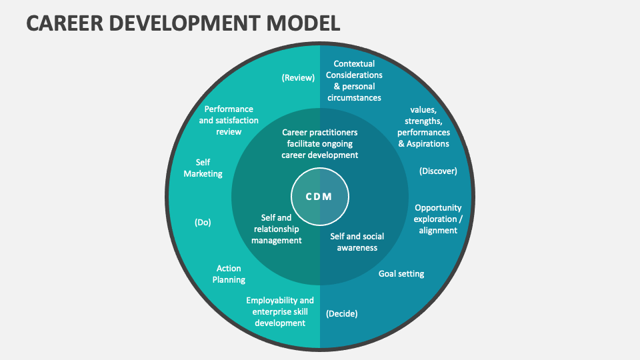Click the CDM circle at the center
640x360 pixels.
(x=319, y=197)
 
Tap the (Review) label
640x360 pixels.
(x=297, y=77)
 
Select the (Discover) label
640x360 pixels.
(x=438, y=171)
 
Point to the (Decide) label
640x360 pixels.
(x=341, y=313)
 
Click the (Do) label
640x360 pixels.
(x=203, y=223)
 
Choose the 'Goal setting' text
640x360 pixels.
(x=401, y=273)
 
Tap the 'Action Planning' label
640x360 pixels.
(x=229, y=274)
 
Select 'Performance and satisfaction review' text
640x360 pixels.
(x=229, y=120)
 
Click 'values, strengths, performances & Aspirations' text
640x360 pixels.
(x=423, y=126)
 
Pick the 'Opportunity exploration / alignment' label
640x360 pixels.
(x=438, y=219)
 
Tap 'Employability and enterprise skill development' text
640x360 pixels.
(x=279, y=311)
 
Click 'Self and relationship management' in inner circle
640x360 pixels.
(x=276, y=229)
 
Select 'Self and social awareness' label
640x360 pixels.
(x=357, y=242)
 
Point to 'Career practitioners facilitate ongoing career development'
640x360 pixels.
(x=319, y=143)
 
